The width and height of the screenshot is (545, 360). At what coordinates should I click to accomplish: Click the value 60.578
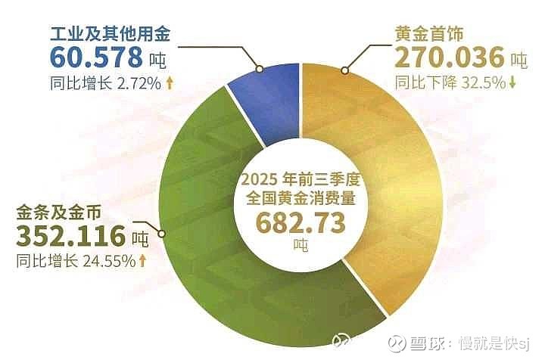[x=96, y=57]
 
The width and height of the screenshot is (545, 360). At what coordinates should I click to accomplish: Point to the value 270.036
[x=450, y=57]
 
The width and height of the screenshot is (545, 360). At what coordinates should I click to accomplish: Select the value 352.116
[x=70, y=236]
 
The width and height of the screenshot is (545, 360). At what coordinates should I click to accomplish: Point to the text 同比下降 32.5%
[x=450, y=82]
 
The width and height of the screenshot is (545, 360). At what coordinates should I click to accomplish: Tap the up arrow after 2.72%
[x=170, y=82]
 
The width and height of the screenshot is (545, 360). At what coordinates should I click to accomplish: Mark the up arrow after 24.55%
[x=142, y=261]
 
